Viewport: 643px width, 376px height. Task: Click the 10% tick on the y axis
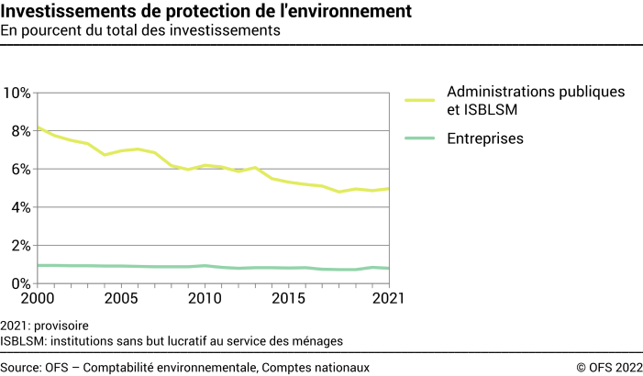(x=17, y=93)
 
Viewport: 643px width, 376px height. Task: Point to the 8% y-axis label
(x=20, y=131)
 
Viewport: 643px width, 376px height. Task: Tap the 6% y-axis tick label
(x=20, y=170)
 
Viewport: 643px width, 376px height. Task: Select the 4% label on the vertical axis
(x=20, y=207)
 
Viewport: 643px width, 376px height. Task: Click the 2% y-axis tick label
(x=20, y=246)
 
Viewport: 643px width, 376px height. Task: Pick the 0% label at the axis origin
(x=20, y=284)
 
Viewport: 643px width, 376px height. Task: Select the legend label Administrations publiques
(x=536, y=92)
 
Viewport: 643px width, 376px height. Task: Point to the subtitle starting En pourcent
(x=139, y=31)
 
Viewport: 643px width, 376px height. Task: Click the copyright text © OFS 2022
(x=609, y=367)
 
